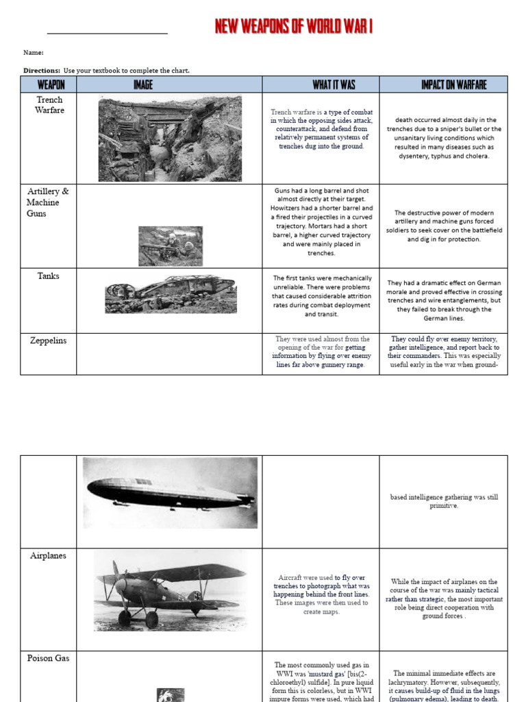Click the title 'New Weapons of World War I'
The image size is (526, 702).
(x=294, y=27)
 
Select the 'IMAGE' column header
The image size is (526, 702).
(x=142, y=84)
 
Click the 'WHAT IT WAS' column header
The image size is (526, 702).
(x=334, y=84)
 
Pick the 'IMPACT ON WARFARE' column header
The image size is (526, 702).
(x=453, y=84)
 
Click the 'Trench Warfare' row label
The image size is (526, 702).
(x=49, y=105)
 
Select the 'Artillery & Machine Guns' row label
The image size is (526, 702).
(x=47, y=202)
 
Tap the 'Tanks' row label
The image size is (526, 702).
(x=49, y=276)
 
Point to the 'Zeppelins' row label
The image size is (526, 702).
(x=48, y=341)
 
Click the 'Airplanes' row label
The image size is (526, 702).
(x=48, y=556)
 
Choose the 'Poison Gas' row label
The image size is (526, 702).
(x=49, y=659)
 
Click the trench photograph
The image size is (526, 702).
(x=170, y=138)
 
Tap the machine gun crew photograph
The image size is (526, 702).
(x=171, y=246)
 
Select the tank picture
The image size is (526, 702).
(x=170, y=293)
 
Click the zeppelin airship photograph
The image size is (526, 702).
(x=170, y=493)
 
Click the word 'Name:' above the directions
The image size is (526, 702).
(x=34, y=53)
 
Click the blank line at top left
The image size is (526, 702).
(x=107, y=32)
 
